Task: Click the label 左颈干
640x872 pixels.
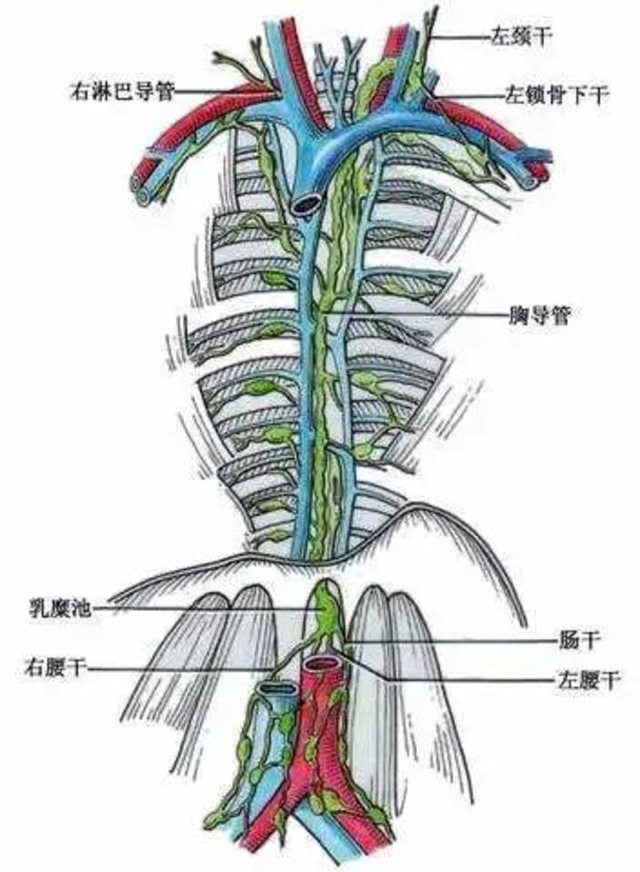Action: click(x=520, y=37)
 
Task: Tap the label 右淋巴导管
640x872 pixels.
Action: click(x=123, y=91)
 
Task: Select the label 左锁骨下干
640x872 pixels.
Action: click(x=556, y=96)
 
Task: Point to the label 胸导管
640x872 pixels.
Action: click(x=540, y=315)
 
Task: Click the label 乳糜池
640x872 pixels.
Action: click(x=60, y=608)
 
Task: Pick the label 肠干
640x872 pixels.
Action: click(x=580, y=640)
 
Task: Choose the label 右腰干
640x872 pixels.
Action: click(x=56, y=667)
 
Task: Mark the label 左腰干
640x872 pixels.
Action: click(x=588, y=679)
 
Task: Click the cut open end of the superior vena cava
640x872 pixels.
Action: click(x=305, y=204)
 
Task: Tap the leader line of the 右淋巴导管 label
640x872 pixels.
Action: click(x=226, y=91)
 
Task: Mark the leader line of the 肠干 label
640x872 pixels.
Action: click(x=451, y=641)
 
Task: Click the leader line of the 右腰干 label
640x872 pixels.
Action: click(x=181, y=668)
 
